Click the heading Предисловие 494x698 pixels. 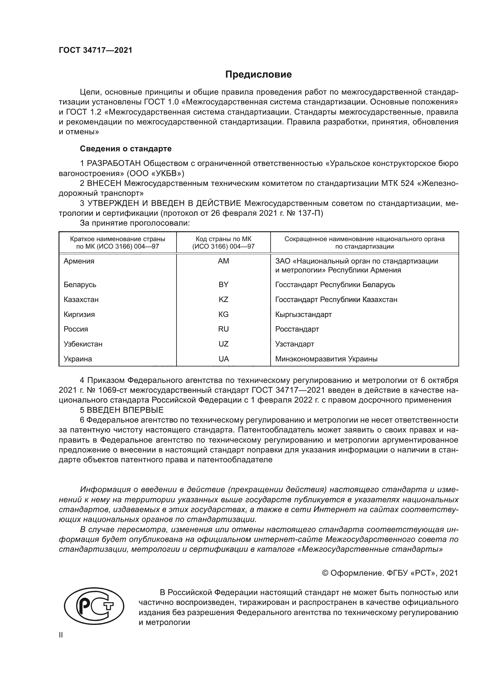coord(258,75)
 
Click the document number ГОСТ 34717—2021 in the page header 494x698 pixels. coord(96,50)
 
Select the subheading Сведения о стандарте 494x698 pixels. coord(126,149)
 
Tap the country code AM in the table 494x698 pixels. coord(223,261)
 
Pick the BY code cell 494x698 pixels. coord(223,285)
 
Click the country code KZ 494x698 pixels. coord(223,299)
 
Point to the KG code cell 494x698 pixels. coord(223,314)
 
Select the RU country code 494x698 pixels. coord(223,329)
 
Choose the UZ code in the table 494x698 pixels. coord(223,344)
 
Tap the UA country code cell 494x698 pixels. coord(223,359)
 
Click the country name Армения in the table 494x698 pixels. coord(79,261)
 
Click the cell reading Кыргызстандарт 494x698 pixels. coord(303,314)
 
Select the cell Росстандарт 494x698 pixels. coord(297,329)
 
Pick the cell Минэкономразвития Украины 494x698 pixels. coord(326,359)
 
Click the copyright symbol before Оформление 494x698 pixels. coord(325,573)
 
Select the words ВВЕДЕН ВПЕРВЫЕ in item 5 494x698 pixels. coord(125,410)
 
